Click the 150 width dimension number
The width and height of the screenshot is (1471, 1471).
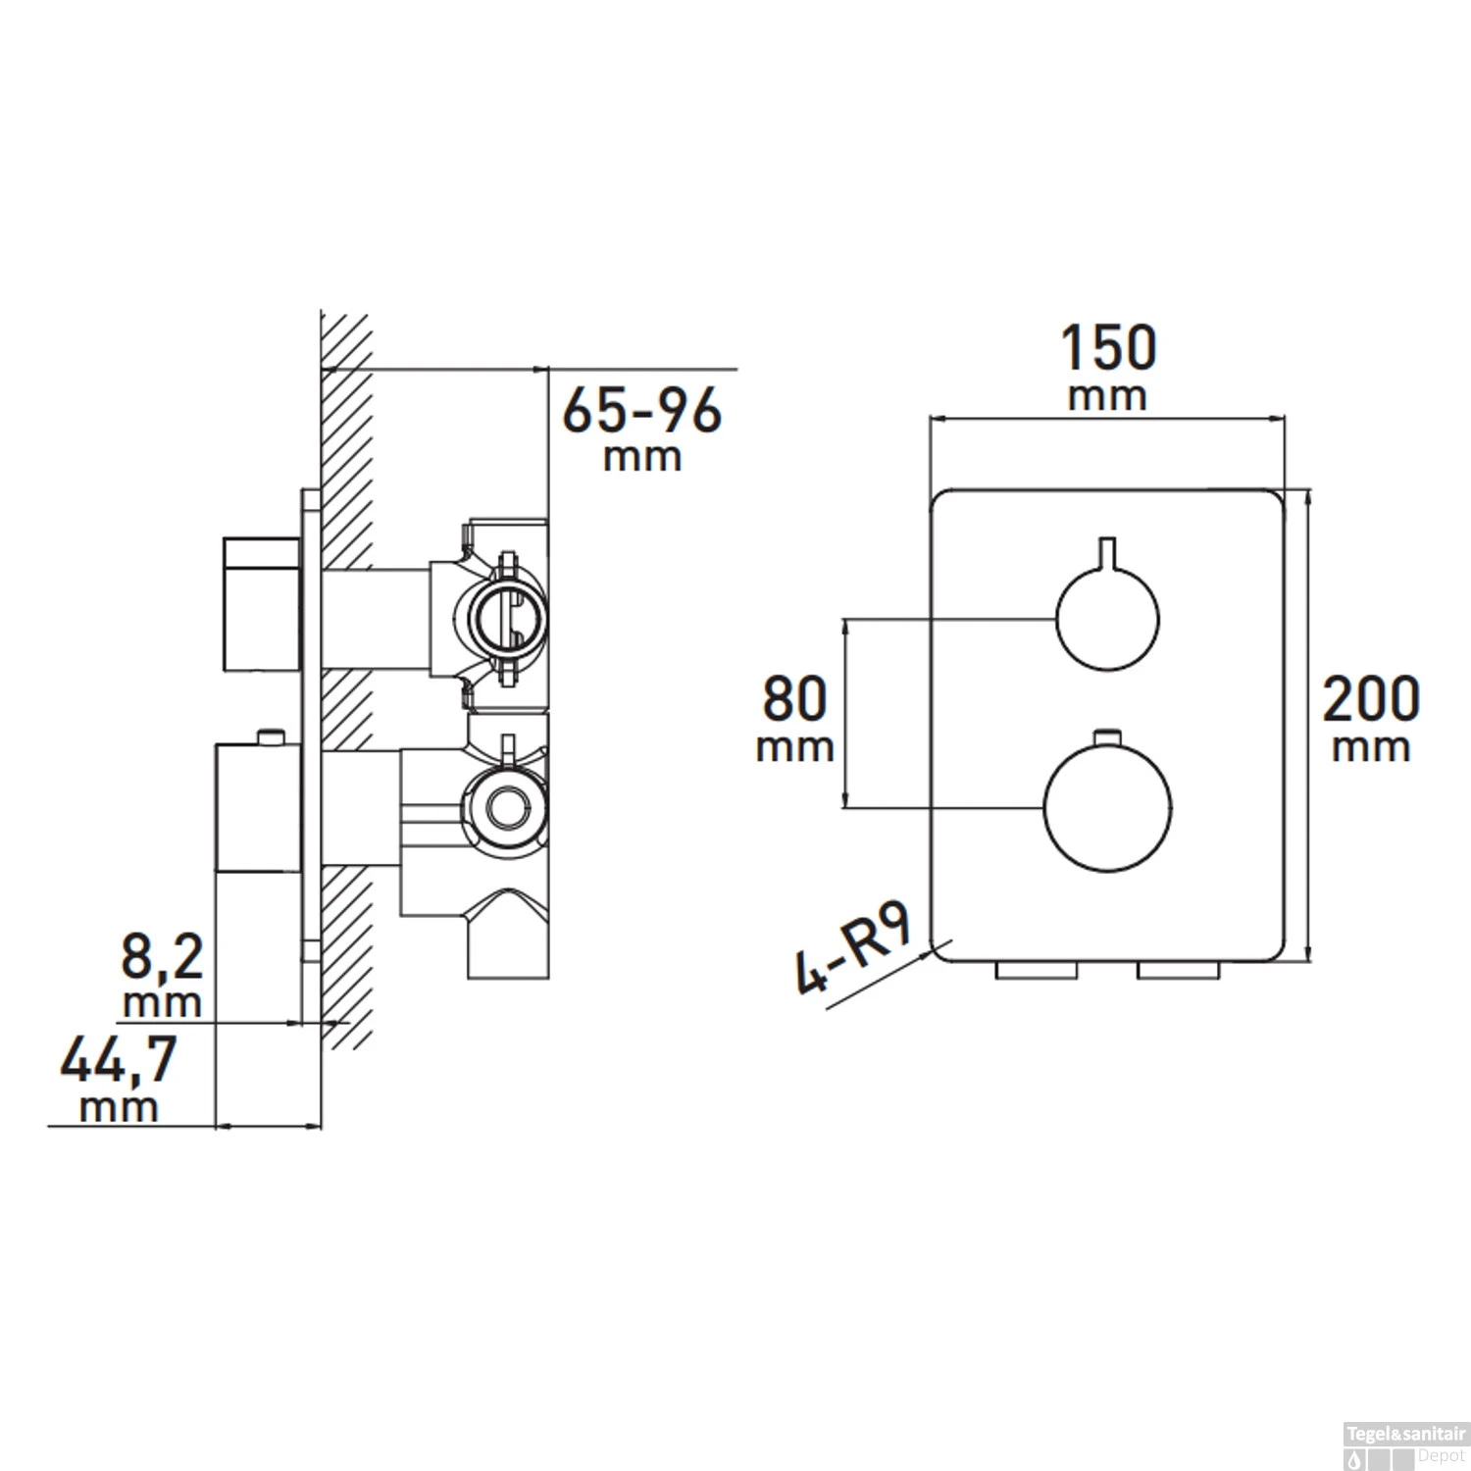click(x=1108, y=349)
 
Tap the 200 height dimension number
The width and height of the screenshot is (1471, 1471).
click(x=1371, y=699)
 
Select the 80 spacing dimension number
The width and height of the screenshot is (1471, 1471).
click(x=794, y=699)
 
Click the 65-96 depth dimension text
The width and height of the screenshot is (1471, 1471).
click(x=642, y=411)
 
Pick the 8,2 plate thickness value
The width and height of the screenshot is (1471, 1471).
click(x=162, y=956)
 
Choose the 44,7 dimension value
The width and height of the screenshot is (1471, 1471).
click(x=119, y=1060)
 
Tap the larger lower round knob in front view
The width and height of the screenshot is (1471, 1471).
click(x=1107, y=809)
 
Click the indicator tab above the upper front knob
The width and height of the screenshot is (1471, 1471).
click(x=1107, y=552)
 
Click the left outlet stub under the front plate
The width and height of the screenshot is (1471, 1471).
click(x=1037, y=971)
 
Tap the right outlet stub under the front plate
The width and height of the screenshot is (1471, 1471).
click(x=1178, y=971)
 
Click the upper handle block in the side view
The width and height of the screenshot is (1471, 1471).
click(x=261, y=604)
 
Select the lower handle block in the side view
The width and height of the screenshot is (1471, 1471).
click(x=257, y=808)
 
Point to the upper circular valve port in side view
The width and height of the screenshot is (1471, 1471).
click(x=507, y=618)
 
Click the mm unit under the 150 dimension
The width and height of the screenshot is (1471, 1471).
click(x=1107, y=398)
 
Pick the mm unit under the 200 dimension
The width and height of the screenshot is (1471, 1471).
click(x=1371, y=748)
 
